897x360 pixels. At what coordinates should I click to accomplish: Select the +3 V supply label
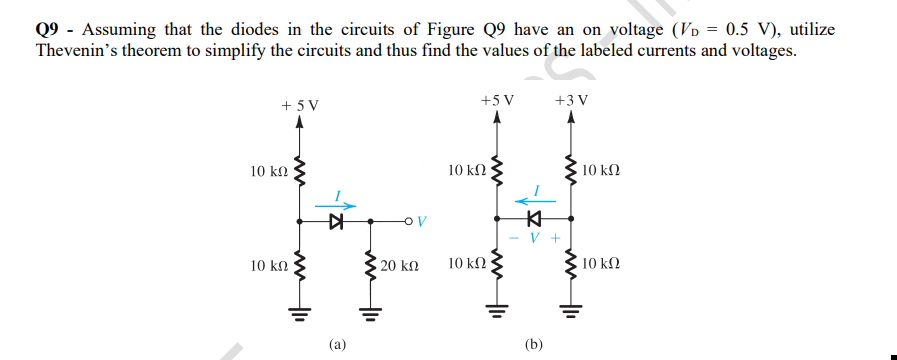tap(571, 100)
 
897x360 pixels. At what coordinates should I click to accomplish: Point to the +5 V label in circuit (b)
tap(497, 100)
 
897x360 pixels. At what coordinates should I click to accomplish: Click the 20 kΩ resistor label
tap(400, 267)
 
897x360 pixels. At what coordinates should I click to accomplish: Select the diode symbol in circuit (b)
tap(534, 218)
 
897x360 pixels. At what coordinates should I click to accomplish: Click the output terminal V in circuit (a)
tap(420, 221)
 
